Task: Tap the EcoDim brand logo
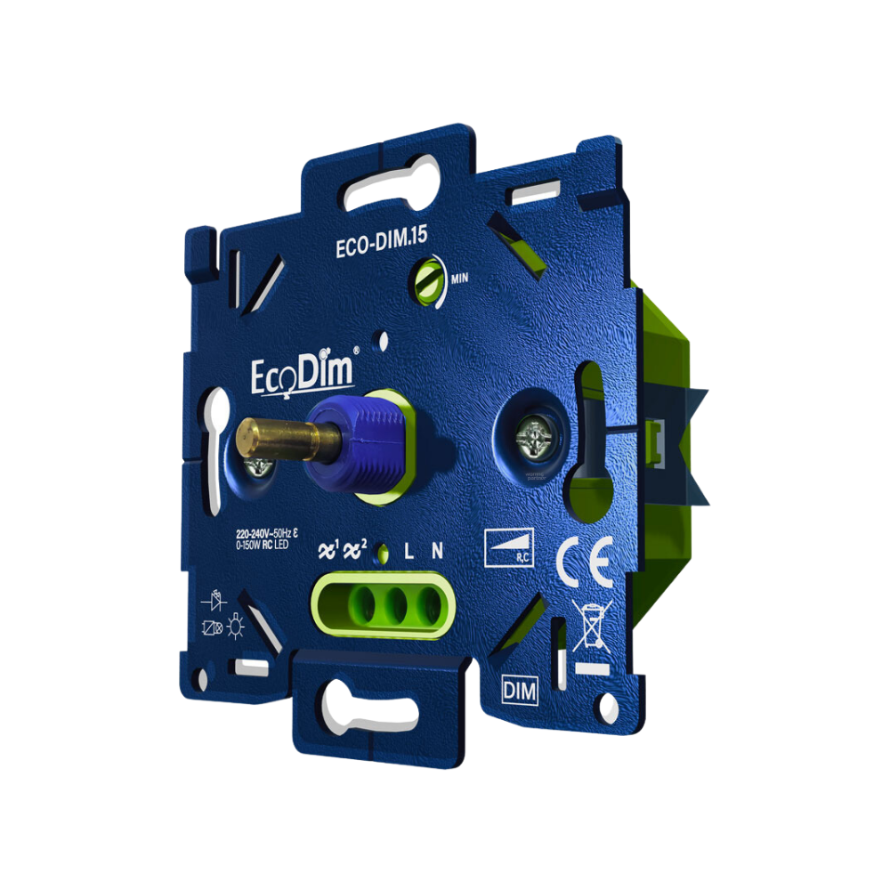click(302, 371)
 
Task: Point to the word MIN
click(459, 278)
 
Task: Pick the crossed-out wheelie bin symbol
click(589, 627)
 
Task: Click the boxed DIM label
click(519, 691)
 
